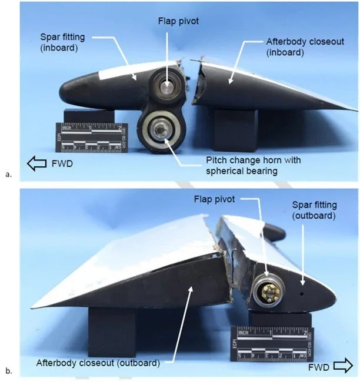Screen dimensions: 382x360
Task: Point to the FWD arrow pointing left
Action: tap(33, 162)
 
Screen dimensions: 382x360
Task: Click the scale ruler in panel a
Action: tap(89, 135)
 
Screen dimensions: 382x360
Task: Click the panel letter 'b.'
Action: tap(8, 371)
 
